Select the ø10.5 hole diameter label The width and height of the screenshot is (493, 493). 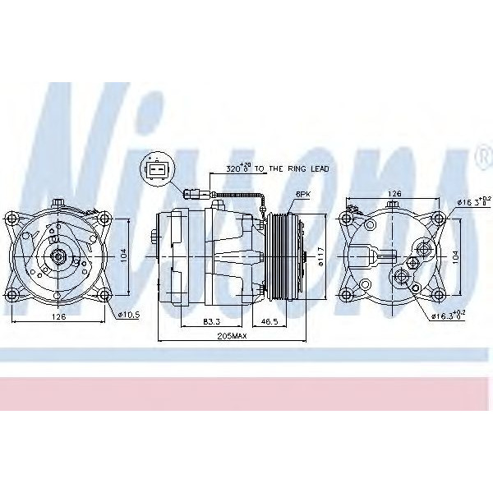click(x=129, y=315)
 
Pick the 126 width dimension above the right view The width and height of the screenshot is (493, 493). click(x=394, y=194)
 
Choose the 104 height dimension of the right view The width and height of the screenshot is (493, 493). click(x=457, y=256)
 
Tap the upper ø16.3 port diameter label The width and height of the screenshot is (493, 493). click(x=472, y=200)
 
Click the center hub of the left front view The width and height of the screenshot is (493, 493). click(x=60, y=256)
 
